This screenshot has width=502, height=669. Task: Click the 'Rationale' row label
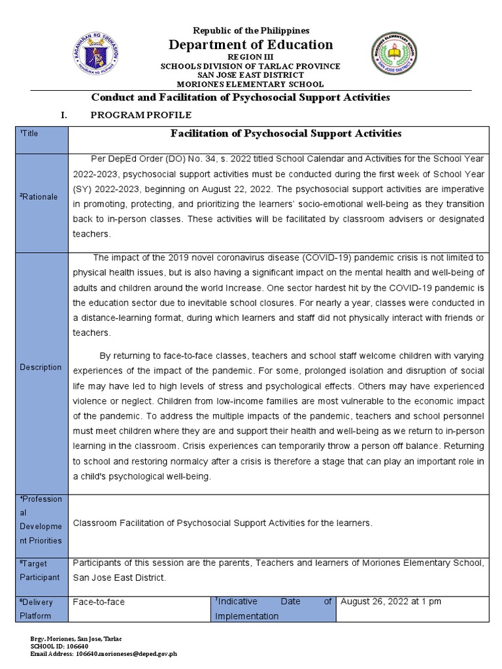click(x=39, y=197)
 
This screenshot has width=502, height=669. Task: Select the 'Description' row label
click(x=41, y=367)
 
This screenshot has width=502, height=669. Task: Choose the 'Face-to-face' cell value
click(x=99, y=602)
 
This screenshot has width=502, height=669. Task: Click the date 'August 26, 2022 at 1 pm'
click(x=391, y=601)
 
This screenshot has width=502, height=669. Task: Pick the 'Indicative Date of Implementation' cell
click(x=273, y=608)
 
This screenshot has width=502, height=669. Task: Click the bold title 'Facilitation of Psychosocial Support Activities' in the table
click(x=286, y=134)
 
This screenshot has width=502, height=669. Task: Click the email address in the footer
click(x=104, y=653)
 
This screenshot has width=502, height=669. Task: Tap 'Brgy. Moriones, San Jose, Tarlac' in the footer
click(x=76, y=638)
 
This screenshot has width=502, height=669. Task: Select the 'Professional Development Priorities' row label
click(x=41, y=520)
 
